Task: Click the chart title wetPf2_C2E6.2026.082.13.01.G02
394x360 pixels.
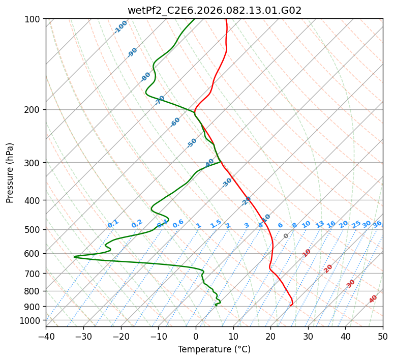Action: click(214, 10)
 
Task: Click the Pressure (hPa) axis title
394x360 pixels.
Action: click(10, 173)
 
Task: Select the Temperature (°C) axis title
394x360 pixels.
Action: click(214, 350)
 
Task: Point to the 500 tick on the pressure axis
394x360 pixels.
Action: click(34, 229)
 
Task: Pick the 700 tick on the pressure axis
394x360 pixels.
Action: click(34, 274)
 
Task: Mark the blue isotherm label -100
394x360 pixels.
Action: click(120, 27)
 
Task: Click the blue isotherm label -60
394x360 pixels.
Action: click(175, 122)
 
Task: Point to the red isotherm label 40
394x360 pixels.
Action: click(373, 299)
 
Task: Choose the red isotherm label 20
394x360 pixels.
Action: click(328, 268)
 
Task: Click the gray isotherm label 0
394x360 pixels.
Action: click(286, 236)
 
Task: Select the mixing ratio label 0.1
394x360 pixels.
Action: click(113, 223)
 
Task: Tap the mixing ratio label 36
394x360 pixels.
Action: click(377, 224)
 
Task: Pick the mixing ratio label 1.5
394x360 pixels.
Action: click(216, 223)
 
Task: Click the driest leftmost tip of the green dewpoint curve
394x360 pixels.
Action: click(74, 257)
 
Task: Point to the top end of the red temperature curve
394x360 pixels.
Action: click(225, 19)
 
